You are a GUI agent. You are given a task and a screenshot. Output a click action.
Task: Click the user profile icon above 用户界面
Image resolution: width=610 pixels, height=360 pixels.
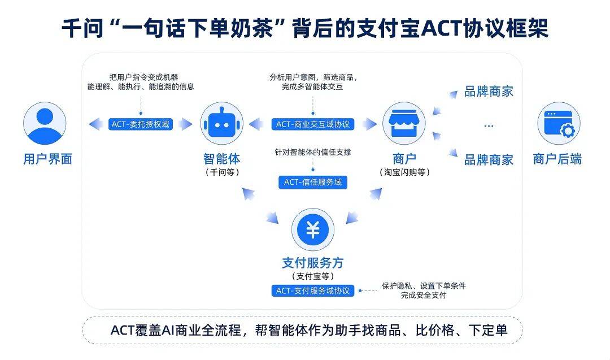click(x=45, y=124)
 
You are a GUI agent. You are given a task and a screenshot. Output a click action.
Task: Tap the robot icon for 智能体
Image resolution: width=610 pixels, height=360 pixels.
click(x=221, y=124)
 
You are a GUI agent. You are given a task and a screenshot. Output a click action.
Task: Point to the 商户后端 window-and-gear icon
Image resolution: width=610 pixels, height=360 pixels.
click(x=559, y=123)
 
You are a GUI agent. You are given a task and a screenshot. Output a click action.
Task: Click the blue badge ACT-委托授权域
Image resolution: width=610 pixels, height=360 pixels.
click(x=141, y=124)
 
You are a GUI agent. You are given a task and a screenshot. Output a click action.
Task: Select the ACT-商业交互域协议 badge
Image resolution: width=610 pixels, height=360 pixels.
click(x=313, y=124)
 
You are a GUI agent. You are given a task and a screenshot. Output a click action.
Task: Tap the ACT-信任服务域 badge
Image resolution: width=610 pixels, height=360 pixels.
click(x=313, y=182)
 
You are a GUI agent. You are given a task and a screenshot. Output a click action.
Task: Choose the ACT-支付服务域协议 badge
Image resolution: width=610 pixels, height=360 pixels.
click(x=313, y=291)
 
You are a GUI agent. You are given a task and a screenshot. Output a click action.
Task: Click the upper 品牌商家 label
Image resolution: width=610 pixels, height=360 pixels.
click(x=489, y=92)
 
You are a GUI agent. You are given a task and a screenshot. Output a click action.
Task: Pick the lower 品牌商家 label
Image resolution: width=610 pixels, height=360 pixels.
click(x=489, y=160)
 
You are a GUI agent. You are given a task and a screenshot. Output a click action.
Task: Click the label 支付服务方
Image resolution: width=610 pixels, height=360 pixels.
click(x=312, y=263)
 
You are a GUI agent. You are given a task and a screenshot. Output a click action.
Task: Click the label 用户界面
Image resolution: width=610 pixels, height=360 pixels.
click(x=47, y=159)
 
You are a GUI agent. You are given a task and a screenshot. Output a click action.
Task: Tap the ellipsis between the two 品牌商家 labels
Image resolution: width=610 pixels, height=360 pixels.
click(x=489, y=126)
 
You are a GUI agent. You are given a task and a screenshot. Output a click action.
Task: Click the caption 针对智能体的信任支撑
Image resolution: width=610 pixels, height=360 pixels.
click(x=313, y=151)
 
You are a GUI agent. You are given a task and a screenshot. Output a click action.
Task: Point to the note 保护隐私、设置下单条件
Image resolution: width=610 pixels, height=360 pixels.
click(x=424, y=286)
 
